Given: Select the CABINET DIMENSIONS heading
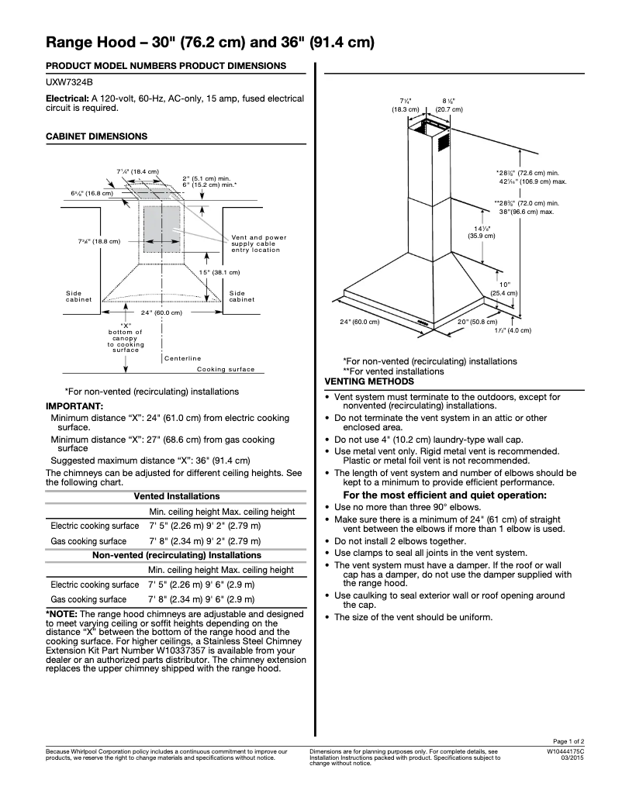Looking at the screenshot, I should [x=96, y=136].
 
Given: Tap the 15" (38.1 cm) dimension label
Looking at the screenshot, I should [x=219, y=272].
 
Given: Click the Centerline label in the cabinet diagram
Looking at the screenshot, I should [x=183, y=358].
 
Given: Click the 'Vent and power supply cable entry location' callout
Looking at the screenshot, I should [x=258, y=243].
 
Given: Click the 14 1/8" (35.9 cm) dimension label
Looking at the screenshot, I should [x=465, y=232].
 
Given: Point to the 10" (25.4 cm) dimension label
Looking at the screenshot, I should [x=504, y=289].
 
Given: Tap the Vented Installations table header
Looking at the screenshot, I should [x=177, y=496].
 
